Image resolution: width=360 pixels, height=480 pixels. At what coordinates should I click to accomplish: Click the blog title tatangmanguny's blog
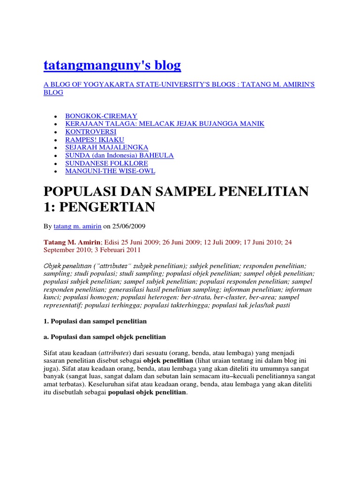[112, 66]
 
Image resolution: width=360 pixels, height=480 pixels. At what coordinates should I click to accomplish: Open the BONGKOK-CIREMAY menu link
[101, 115]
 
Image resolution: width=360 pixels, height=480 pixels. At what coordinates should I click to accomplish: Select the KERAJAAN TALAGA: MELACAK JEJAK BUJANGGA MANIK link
[165, 123]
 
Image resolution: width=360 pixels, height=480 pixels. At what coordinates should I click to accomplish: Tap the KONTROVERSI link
[90, 131]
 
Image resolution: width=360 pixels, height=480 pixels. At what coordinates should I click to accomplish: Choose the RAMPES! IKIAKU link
[95, 139]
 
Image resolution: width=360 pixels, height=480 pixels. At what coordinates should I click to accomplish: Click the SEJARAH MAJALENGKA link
[106, 147]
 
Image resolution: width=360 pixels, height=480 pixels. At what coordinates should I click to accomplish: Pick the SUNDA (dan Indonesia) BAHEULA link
[119, 155]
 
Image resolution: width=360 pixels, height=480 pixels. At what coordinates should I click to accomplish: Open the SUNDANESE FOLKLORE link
[106, 163]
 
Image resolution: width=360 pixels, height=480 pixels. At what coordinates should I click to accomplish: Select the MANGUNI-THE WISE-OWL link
[110, 171]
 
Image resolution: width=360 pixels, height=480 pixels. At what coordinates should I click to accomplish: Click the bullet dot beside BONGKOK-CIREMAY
[56, 116]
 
